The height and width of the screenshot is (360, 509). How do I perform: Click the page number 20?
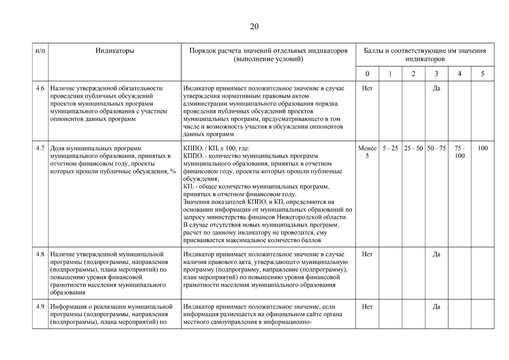point(254,27)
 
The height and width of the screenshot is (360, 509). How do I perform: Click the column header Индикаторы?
point(115,51)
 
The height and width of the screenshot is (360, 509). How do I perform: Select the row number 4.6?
point(40,88)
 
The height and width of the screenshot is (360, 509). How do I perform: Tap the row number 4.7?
point(40,148)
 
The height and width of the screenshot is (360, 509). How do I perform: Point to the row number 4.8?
point(40,254)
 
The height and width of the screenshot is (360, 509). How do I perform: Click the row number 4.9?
point(40,307)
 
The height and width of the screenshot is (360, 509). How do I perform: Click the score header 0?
point(367,74)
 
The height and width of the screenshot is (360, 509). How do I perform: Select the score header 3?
point(436,74)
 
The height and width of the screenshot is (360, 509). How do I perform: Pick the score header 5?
point(482,74)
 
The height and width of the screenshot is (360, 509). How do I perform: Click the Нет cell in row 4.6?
point(367,88)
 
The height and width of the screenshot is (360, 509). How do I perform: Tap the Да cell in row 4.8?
point(436,254)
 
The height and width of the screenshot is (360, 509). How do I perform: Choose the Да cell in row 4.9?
point(436,307)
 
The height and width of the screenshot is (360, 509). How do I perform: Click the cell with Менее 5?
point(367,152)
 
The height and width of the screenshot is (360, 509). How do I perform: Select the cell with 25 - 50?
point(413,148)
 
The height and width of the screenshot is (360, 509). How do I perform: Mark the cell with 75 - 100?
point(460,152)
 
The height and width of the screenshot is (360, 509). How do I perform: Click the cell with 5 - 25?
point(390,148)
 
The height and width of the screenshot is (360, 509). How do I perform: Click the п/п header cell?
point(40,51)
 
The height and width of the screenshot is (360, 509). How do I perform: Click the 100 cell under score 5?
point(482,148)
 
